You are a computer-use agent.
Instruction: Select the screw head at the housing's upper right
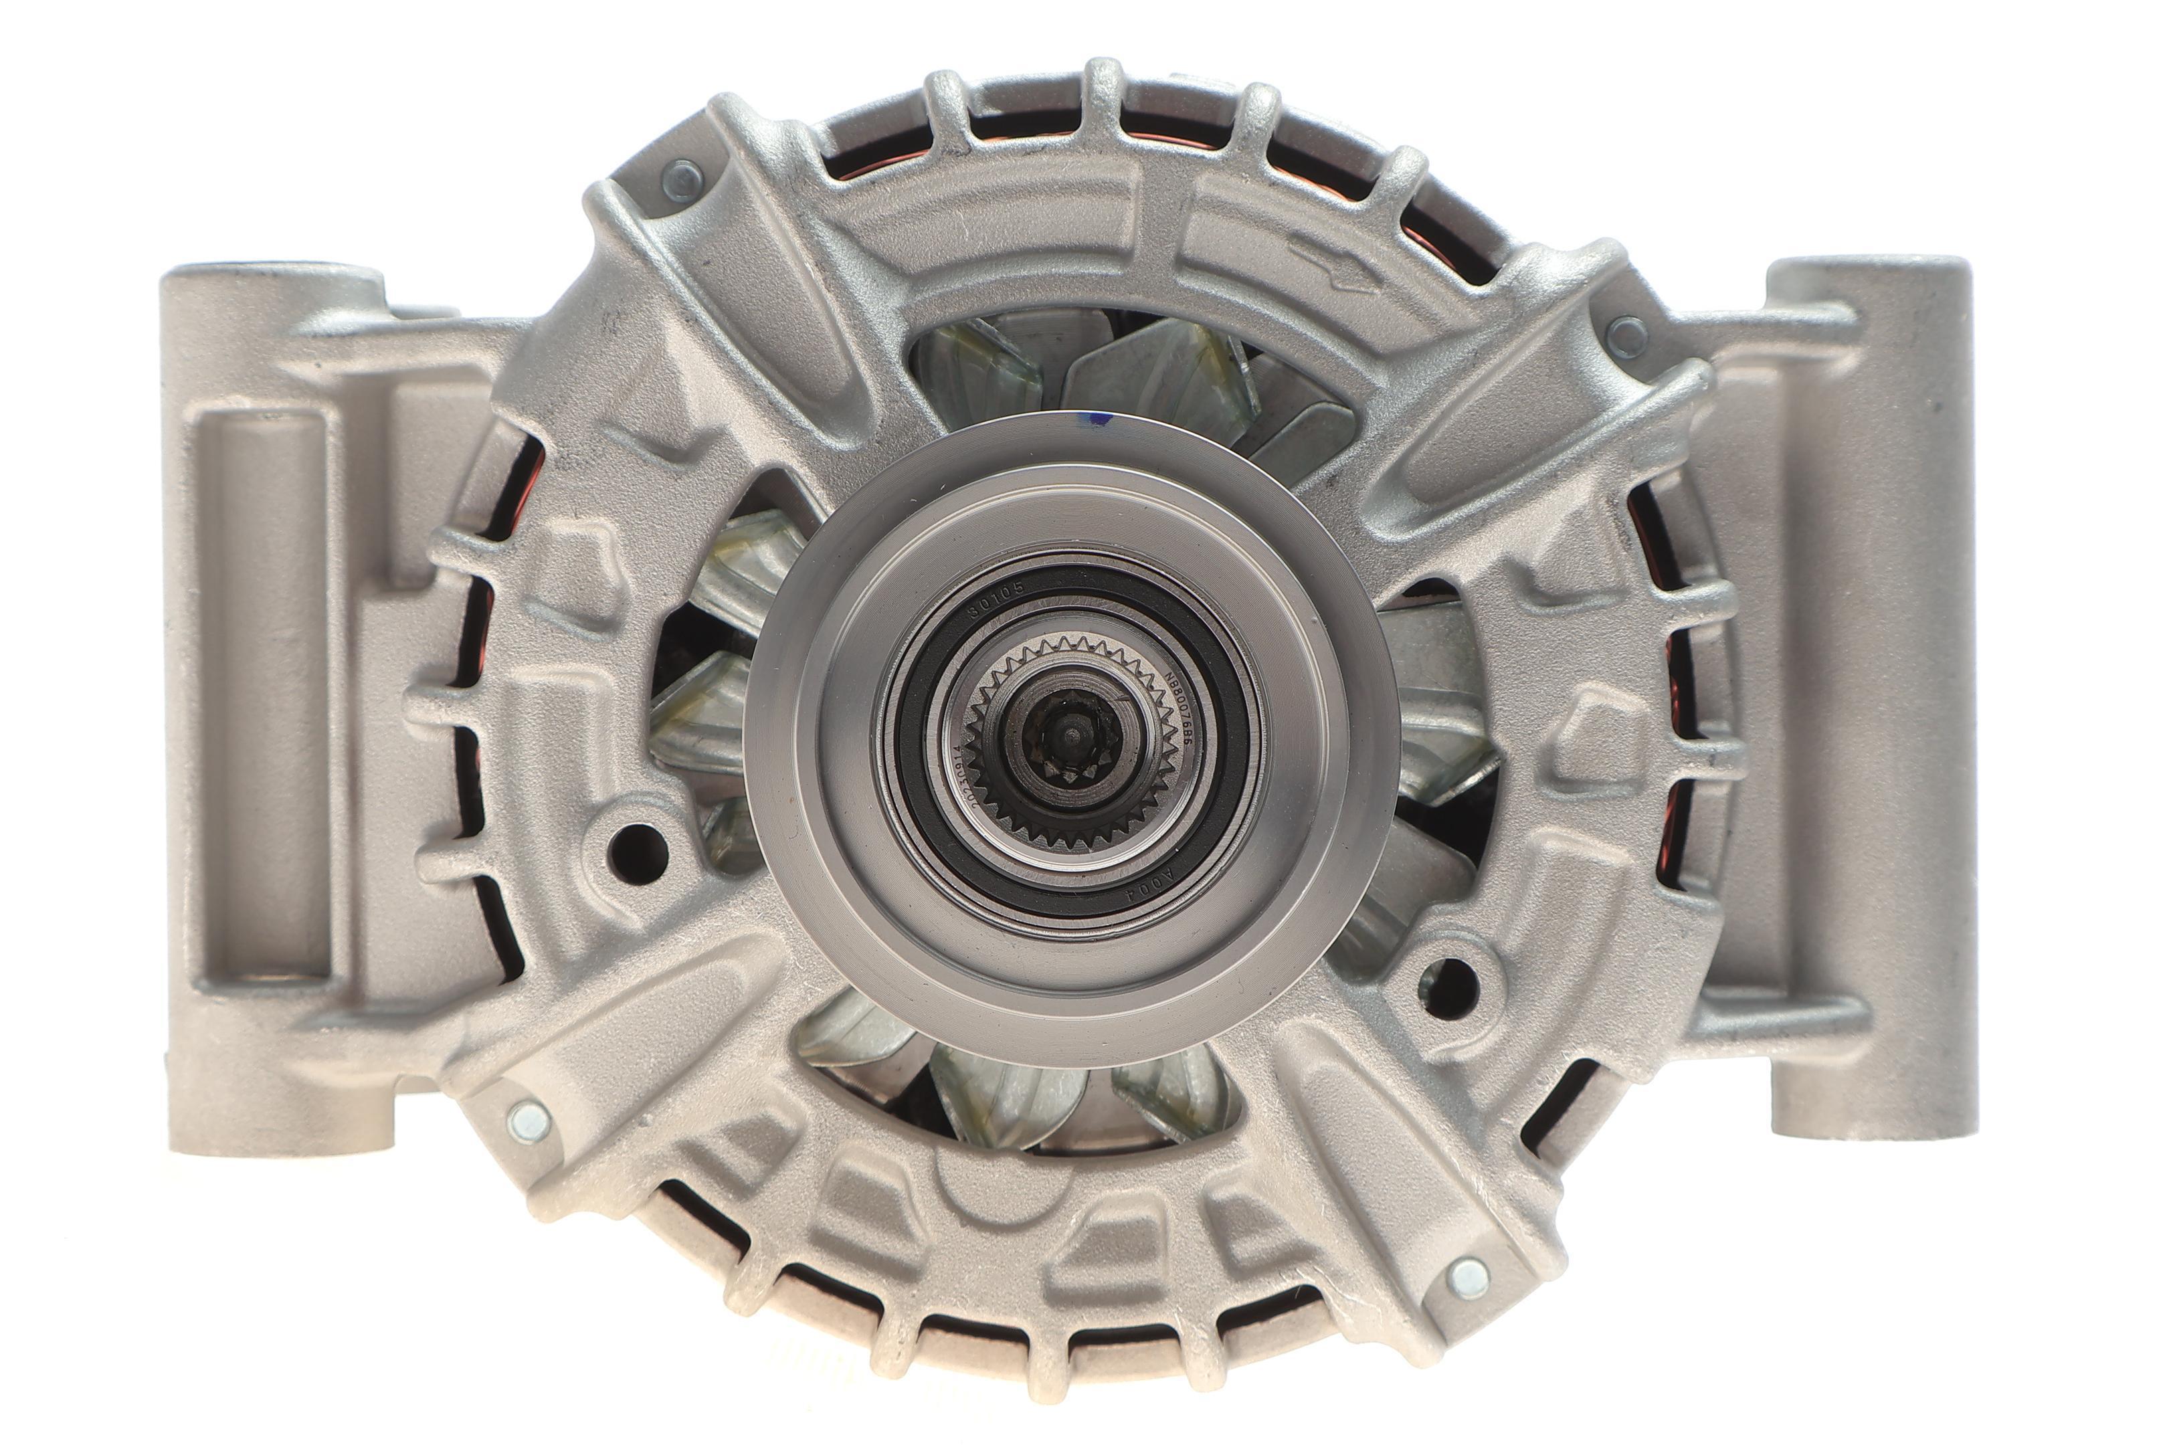point(1626,336)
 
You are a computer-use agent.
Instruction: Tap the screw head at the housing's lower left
point(529,1121)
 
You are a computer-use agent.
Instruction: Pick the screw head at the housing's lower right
point(1468,1277)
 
